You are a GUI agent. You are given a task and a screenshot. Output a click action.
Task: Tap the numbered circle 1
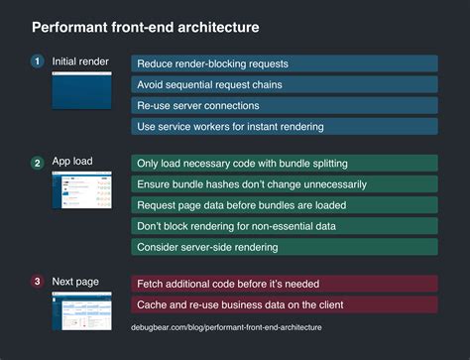[38, 61]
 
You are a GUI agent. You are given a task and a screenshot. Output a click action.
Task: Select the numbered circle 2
[38, 162]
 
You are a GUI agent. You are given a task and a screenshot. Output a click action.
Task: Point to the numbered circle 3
[38, 282]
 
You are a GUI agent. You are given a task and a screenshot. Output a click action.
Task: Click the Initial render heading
[80, 61]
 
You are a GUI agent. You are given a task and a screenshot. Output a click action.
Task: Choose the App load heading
[72, 162]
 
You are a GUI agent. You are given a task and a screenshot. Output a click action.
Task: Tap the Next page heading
[75, 282]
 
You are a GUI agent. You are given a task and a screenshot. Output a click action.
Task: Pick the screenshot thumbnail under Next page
[83, 309]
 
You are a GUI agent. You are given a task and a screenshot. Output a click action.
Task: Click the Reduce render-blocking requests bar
[284, 63]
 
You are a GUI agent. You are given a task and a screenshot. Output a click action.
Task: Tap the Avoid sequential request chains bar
[284, 84]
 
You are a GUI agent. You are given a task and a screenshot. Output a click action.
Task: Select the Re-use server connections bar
[284, 105]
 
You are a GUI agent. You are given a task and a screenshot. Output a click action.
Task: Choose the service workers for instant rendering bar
[284, 126]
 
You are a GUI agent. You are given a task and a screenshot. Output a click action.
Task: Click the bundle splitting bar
[284, 163]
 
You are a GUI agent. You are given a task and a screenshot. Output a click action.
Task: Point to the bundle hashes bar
[284, 183]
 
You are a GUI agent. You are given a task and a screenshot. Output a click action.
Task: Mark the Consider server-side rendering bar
[284, 246]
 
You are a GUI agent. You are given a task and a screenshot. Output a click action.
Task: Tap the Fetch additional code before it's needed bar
[284, 284]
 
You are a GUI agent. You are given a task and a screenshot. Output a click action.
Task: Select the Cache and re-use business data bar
[284, 304]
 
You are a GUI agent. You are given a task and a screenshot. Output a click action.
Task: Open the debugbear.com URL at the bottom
[226, 326]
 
